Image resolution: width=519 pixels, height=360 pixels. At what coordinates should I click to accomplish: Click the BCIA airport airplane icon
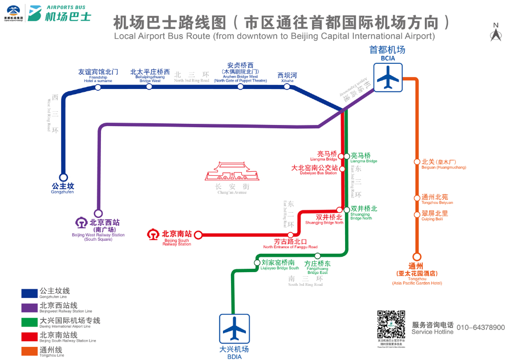tap(388, 77)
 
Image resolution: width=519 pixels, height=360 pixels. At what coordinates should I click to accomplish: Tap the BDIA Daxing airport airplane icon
tap(233, 329)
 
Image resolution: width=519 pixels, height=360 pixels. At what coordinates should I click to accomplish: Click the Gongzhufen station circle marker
tap(63, 177)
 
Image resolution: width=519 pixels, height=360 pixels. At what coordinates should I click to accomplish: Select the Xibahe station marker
tap(287, 87)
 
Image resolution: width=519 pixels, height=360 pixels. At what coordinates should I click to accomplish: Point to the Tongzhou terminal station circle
tap(417, 257)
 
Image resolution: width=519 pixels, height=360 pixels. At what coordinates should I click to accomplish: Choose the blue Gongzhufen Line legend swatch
tap(29, 293)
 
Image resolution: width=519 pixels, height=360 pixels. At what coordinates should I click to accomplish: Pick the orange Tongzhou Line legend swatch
tap(29, 350)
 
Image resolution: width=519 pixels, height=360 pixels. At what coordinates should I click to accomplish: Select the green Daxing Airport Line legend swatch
tap(29, 322)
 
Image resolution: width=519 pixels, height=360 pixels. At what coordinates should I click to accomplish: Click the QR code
tap(391, 325)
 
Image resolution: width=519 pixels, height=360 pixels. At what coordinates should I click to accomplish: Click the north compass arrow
tap(496, 35)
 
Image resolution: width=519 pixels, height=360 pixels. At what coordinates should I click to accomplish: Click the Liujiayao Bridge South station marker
tap(257, 263)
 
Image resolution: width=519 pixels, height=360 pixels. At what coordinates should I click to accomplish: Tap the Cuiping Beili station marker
tap(417, 215)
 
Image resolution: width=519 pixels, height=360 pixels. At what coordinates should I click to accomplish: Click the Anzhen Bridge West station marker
tap(240, 87)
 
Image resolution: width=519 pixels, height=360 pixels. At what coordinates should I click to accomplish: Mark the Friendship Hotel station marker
tap(98, 87)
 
